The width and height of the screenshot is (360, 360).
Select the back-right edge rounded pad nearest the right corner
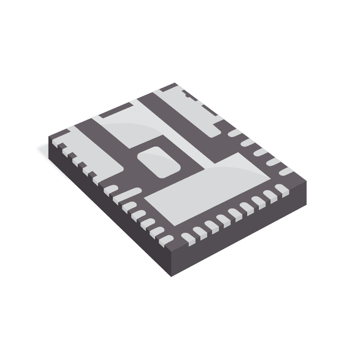pos(285,171)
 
